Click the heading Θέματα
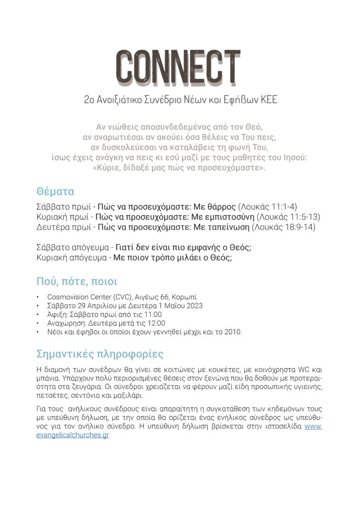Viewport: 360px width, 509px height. pos(55,191)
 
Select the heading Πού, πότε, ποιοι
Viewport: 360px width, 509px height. pos(77,282)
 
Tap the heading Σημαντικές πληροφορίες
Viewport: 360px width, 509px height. pos(99,354)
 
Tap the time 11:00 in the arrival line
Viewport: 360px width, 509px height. pos(152,314)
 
